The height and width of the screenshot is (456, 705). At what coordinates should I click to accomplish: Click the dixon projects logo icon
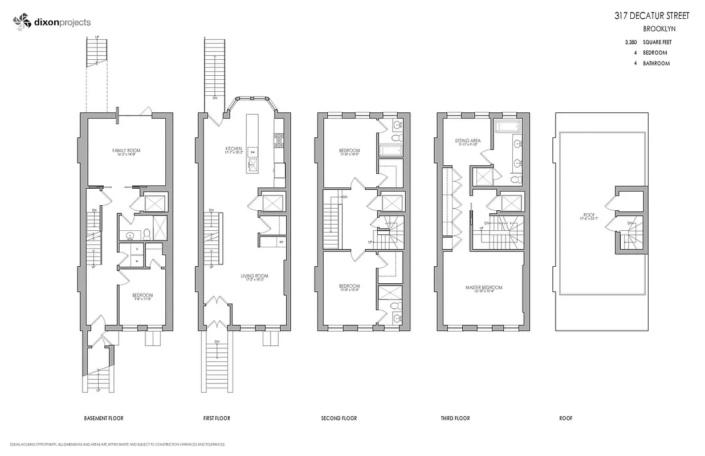pyautogui.click(x=22, y=22)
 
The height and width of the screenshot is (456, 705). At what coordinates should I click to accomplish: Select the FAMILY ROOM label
pyautogui.click(x=126, y=151)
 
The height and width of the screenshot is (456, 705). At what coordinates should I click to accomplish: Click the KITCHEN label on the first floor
pyautogui.click(x=234, y=149)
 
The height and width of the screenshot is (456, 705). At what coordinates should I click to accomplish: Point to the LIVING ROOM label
pyautogui.click(x=254, y=276)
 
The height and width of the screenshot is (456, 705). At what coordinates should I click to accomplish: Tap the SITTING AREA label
pyautogui.click(x=467, y=140)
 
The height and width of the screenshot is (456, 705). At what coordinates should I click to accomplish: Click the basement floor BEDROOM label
pyautogui.click(x=142, y=295)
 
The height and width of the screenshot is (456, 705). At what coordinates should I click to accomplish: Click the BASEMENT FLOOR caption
pyautogui.click(x=103, y=418)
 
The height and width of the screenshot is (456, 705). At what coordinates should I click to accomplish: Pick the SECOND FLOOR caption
pyautogui.click(x=339, y=418)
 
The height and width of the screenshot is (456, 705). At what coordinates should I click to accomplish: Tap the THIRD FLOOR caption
pyautogui.click(x=455, y=418)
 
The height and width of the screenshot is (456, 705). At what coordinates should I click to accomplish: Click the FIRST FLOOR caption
pyautogui.click(x=217, y=418)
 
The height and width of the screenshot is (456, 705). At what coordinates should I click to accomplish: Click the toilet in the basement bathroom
pyautogui.click(x=146, y=233)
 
